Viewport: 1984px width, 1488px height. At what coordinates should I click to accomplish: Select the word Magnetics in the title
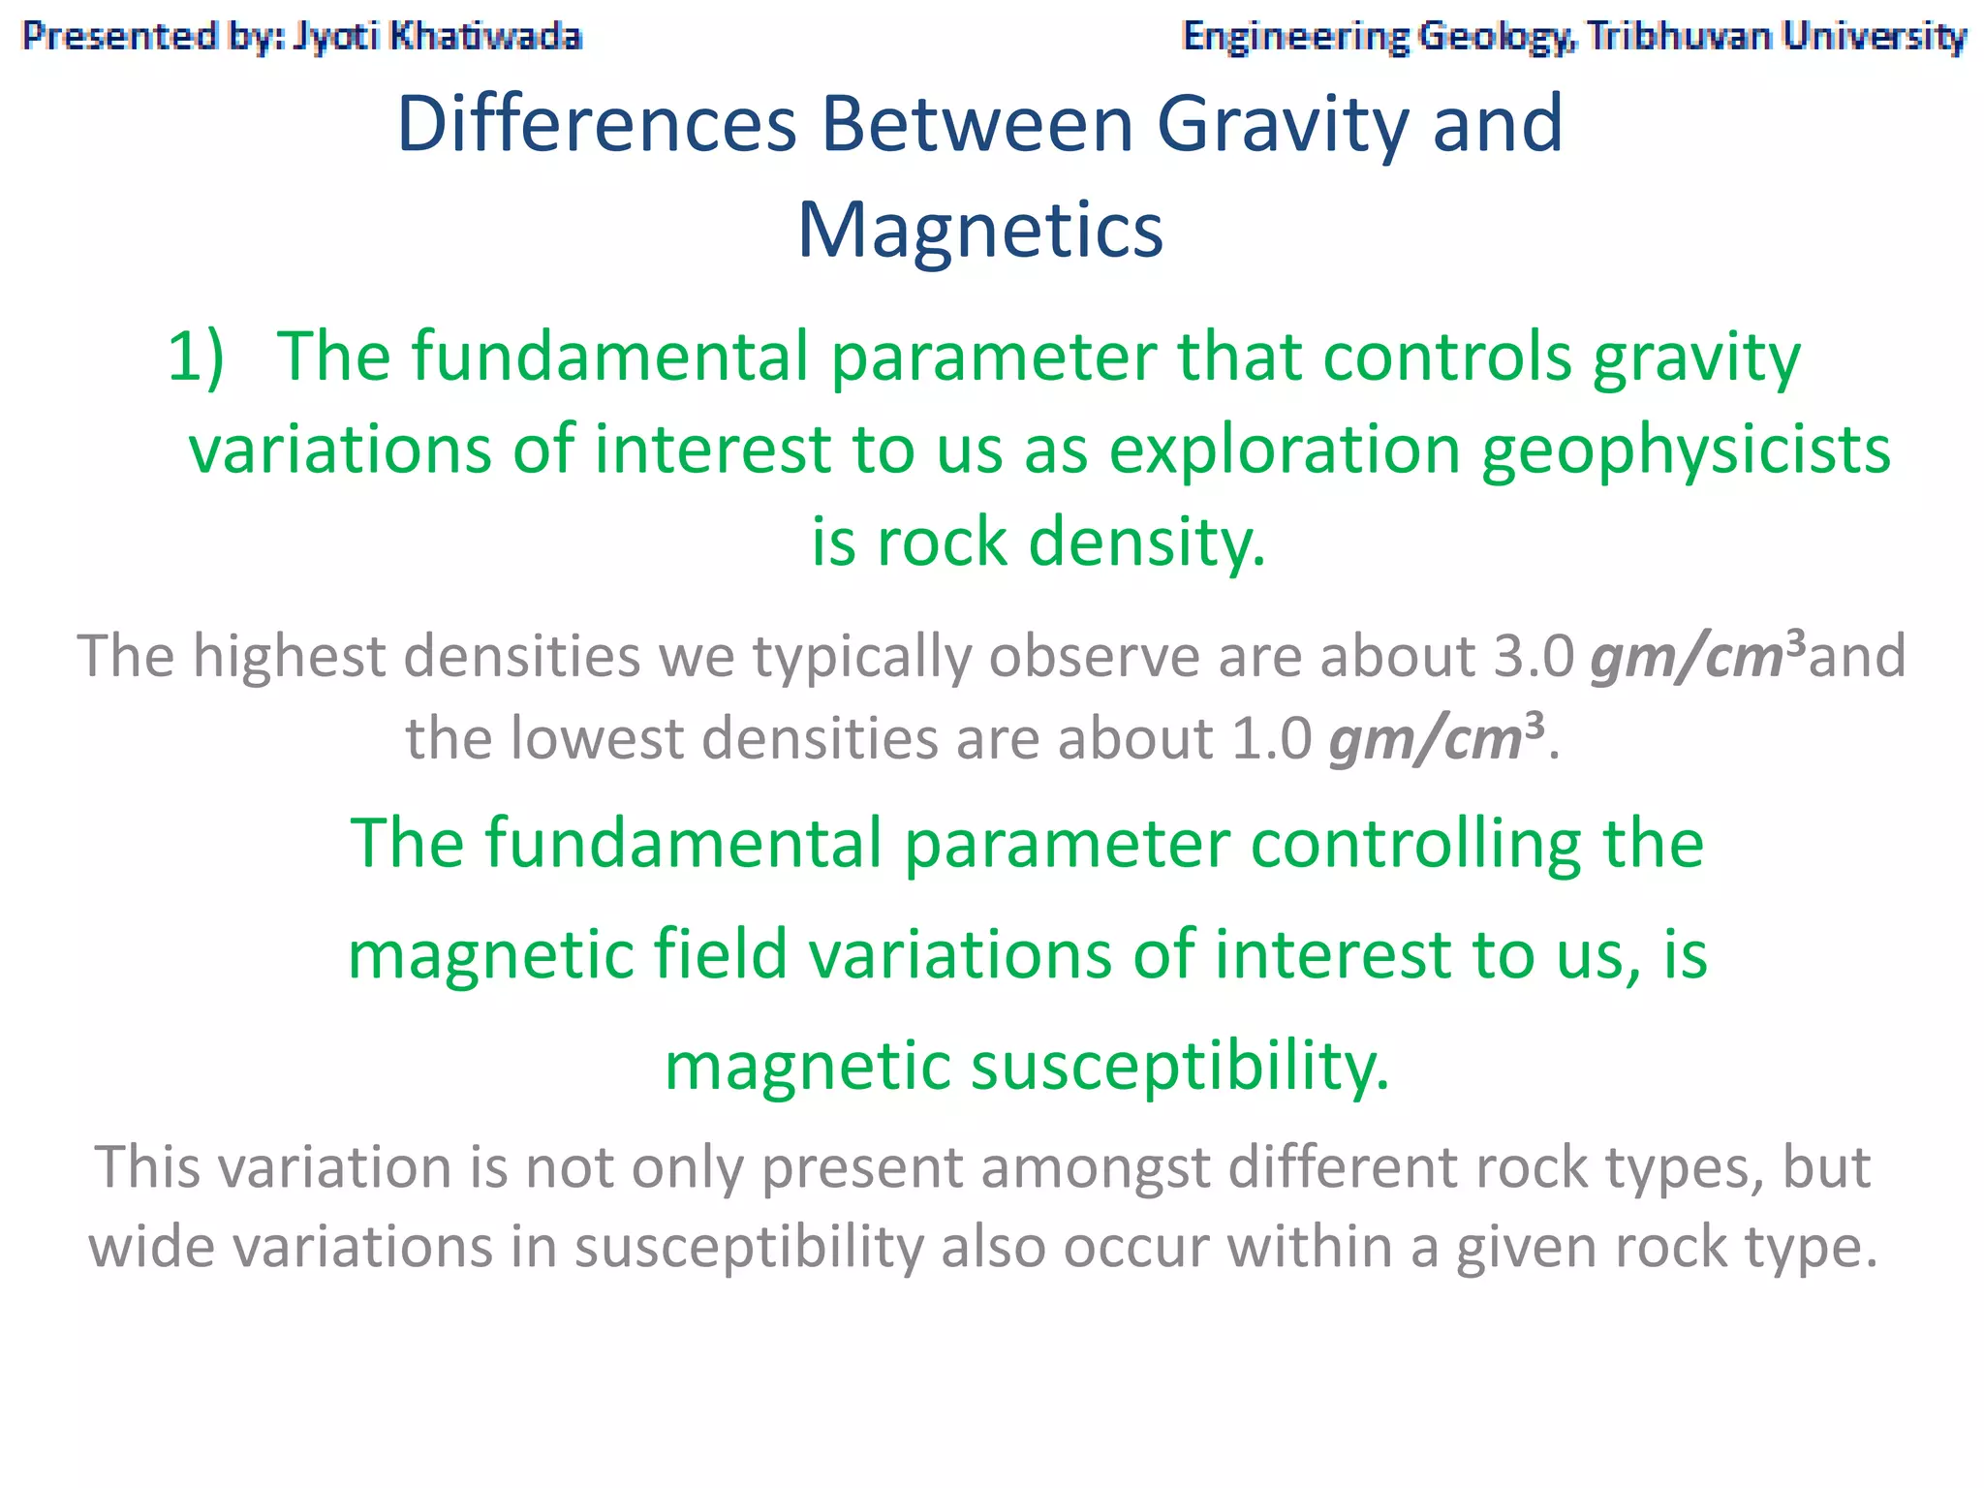pos(979,231)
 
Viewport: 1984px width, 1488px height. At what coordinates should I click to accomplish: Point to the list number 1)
pos(197,356)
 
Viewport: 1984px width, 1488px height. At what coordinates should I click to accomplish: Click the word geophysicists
pos(1686,450)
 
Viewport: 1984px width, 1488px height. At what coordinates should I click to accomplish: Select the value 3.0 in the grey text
pos(1534,656)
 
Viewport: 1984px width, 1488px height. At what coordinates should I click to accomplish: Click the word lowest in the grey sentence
pos(597,739)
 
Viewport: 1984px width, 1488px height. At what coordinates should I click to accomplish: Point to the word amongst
pos(1095,1167)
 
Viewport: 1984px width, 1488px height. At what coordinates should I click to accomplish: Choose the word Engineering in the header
pos(1295,37)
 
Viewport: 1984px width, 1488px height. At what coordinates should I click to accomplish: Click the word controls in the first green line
pos(1447,356)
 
